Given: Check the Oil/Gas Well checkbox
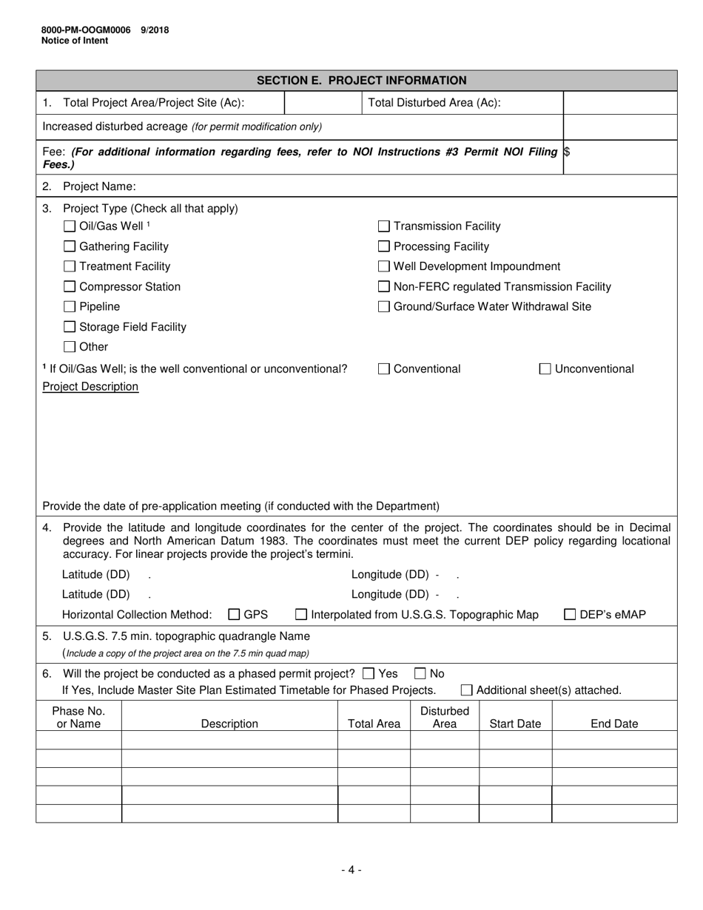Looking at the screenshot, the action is tap(70, 226).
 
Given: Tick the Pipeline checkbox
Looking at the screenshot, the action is tap(70, 306).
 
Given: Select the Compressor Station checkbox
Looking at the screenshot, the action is tap(70, 286).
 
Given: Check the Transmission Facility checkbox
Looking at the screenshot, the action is tap(384, 226).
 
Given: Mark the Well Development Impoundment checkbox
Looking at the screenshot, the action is tap(384, 266).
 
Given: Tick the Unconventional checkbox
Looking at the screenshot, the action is tap(545, 369).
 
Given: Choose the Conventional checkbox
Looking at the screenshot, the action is tap(384, 369).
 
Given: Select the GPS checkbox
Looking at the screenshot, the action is tap(234, 614).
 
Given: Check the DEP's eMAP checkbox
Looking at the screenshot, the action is tap(571, 614).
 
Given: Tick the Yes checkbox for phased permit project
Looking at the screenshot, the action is tap(369, 673).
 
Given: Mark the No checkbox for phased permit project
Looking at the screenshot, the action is tap(420, 673).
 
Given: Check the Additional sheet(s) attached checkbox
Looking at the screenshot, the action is tap(467, 690).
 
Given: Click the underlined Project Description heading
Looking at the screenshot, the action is tap(90, 387).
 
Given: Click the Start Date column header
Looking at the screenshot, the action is tap(515, 724).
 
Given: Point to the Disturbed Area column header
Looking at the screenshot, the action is tap(444, 718).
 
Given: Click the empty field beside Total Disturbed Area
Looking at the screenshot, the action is tap(619, 103).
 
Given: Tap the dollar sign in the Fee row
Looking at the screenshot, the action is tap(567, 152).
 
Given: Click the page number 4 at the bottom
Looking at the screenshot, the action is tap(351, 870).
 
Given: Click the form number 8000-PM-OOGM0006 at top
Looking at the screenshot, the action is tap(86, 30).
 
